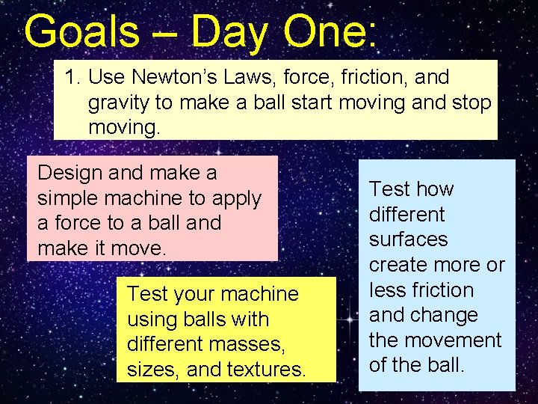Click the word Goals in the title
81,32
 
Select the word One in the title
328,32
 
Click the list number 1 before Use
71,77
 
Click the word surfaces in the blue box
408,239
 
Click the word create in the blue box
403,265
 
